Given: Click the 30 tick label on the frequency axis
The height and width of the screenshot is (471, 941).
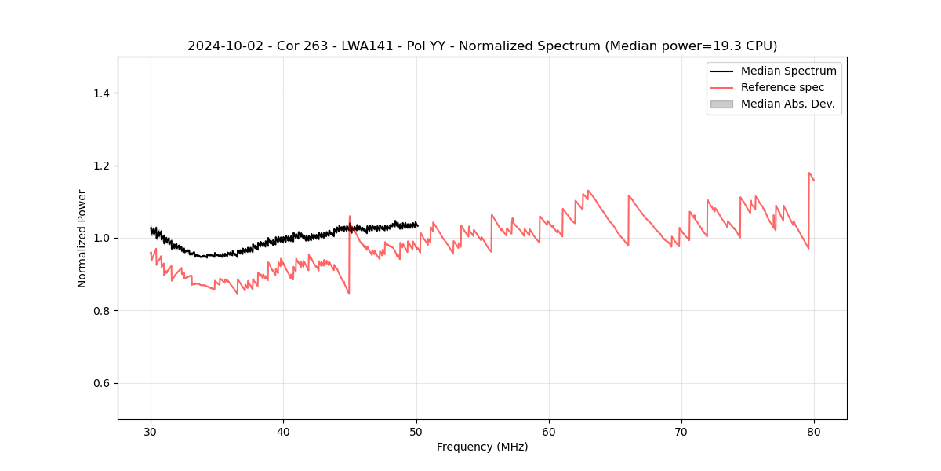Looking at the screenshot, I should [x=151, y=432].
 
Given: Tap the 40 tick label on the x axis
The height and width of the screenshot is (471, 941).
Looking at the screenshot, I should [x=283, y=432].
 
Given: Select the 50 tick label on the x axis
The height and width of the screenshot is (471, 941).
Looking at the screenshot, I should [x=416, y=432].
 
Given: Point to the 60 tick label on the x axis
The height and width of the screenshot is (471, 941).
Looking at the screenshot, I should [x=549, y=432].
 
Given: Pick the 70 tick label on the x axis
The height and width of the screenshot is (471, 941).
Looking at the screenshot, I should [x=681, y=432].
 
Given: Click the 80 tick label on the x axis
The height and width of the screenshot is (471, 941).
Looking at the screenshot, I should [x=814, y=432].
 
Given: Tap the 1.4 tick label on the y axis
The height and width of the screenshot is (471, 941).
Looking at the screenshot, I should [x=101, y=93].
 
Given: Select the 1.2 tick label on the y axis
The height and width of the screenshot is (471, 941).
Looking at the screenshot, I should [x=101, y=166].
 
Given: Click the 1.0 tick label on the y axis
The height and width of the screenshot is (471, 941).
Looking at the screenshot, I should [x=101, y=238].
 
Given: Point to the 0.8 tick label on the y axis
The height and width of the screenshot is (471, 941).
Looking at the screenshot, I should [x=101, y=311].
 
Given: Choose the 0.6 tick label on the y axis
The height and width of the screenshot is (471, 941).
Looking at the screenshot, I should [x=101, y=383].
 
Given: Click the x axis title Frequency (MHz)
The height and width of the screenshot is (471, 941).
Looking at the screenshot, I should [x=482, y=447].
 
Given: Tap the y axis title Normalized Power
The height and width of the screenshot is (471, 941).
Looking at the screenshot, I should [x=82, y=238].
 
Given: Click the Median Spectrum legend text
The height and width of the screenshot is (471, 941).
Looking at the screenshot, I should [x=788, y=71].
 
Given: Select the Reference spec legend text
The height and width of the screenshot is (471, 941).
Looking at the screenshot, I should [x=782, y=87].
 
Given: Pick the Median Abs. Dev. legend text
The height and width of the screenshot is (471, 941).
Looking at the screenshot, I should [x=787, y=104].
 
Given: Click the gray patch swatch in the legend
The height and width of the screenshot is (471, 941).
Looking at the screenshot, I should [x=721, y=104].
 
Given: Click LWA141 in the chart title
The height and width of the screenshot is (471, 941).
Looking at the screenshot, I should [x=366, y=46].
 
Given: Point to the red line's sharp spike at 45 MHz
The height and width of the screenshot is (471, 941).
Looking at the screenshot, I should [x=350, y=217].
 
